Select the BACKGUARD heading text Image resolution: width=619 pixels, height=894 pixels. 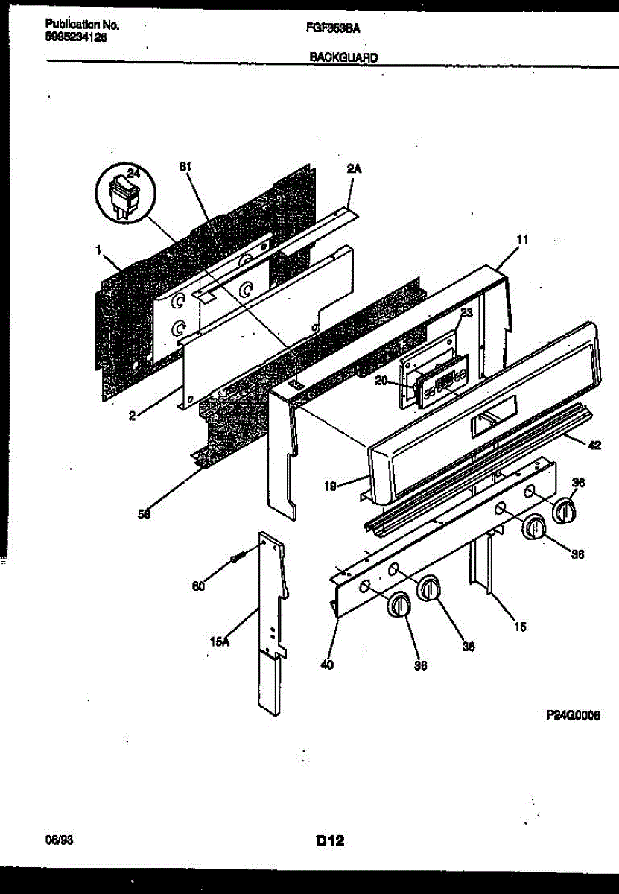343,56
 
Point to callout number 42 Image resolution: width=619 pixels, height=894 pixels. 594,446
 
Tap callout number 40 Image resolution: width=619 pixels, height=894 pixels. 327,665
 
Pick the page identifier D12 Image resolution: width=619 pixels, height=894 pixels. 328,842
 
